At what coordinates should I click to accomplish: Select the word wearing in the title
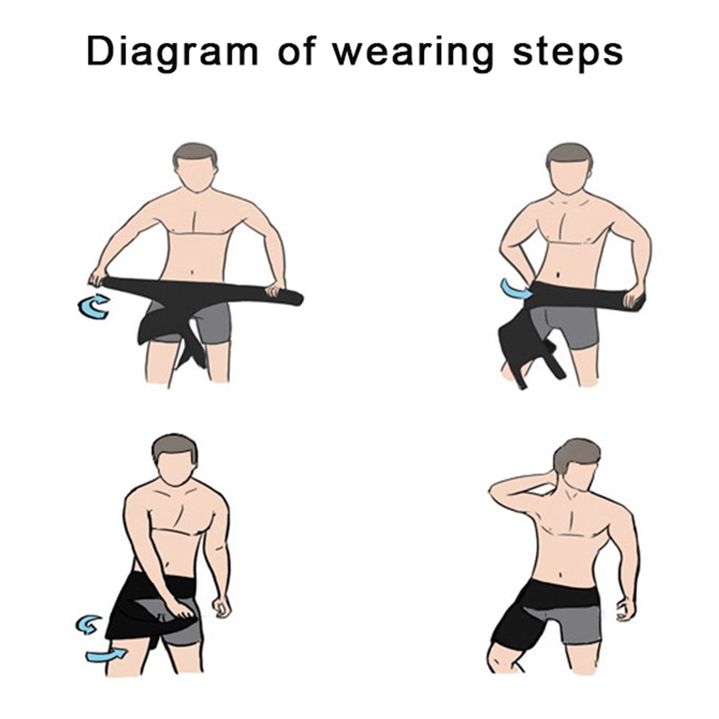pyautogui.click(x=413, y=53)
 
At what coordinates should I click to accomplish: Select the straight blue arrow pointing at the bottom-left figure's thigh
pyautogui.click(x=106, y=656)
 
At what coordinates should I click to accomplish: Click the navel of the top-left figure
pyautogui.click(x=192, y=272)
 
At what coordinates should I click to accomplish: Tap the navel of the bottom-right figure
pyautogui.click(x=561, y=575)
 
